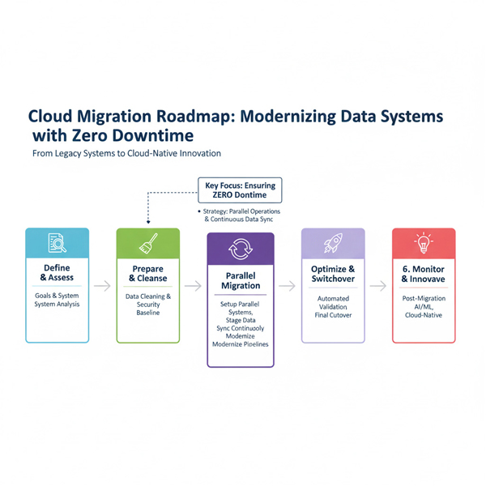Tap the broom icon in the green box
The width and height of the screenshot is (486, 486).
[148, 244]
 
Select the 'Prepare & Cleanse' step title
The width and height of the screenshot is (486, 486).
[148, 274]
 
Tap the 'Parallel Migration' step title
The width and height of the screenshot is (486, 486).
[240, 281]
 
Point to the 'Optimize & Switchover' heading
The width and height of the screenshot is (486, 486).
[333, 274]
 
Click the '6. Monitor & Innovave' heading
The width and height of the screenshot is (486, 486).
[423, 274]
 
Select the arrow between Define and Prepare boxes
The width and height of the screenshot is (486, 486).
[103, 286]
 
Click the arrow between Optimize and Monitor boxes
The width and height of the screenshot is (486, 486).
[378, 286]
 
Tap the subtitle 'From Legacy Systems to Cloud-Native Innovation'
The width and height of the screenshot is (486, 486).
[126, 153]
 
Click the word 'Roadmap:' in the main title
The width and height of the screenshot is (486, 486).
[185, 117]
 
